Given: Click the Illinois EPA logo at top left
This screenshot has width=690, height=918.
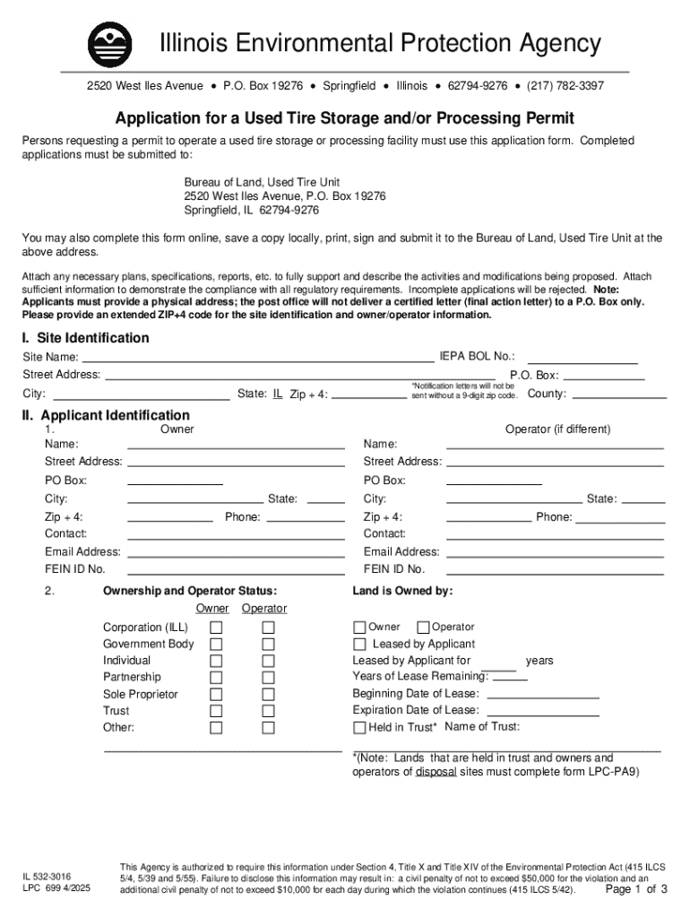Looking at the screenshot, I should (x=109, y=43).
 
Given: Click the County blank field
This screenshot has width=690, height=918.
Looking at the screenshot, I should (x=618, y=394).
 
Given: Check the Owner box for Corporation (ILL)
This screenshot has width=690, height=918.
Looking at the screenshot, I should (x=216, y=628).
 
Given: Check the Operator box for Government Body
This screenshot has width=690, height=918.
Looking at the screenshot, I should (x=268, y=645).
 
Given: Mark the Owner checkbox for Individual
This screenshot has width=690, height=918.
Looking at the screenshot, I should (x=216, y=661).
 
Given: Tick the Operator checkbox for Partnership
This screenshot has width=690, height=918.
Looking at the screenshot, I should (x=268, y=678).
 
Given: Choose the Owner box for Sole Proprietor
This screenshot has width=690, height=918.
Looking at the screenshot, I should (x=216, y=695).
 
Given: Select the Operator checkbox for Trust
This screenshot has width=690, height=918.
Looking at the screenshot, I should (x=268, y=711).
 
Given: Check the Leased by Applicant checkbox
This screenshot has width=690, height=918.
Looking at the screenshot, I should (x=359, y=645).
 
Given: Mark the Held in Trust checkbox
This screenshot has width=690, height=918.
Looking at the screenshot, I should (x=359, y=728).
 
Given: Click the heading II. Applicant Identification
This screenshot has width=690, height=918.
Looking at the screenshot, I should (x=106, y=415).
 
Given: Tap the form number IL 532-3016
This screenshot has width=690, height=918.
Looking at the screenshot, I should (x=47, y=875).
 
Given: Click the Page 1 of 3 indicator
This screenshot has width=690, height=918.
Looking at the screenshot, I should (x=636, y=890).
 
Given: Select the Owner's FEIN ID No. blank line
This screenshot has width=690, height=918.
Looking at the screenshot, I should (x=236, y=570).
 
